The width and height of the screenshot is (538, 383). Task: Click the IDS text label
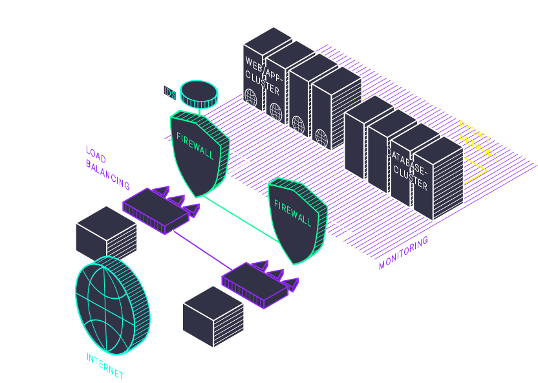(169, 94)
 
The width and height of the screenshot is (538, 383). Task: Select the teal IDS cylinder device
(199, 94)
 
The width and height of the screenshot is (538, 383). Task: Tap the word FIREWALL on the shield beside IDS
(195, 146)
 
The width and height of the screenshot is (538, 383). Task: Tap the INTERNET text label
(105, 366)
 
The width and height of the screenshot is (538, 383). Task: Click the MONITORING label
(403, 253)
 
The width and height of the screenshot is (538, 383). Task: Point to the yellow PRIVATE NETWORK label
(479, 140)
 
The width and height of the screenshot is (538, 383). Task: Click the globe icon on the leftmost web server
(252, 98)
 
